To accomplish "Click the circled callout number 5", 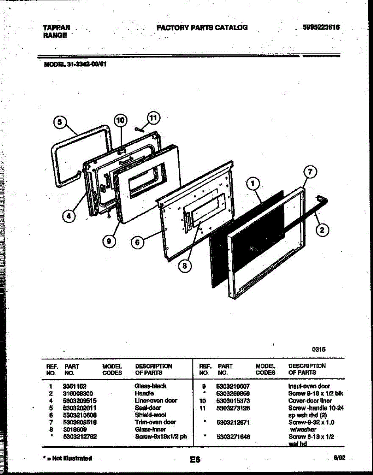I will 59,122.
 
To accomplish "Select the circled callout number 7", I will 310,172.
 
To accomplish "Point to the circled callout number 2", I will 322,229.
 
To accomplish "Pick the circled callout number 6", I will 137,243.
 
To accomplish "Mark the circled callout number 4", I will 69,216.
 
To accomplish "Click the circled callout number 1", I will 253,183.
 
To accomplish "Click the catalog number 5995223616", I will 321,27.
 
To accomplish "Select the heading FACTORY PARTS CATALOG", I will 202,27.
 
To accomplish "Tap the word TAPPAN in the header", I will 57,28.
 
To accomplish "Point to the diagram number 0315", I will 318,350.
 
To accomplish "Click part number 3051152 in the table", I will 74,386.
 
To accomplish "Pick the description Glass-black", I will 151,386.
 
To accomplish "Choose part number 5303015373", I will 233,401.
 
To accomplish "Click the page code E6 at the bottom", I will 195,460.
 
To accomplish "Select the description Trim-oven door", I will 156,422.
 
